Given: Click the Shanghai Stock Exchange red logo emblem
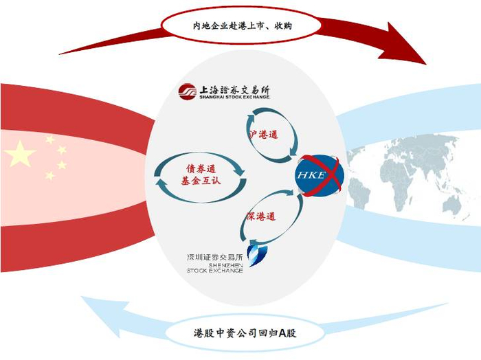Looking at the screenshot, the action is coord(187,91).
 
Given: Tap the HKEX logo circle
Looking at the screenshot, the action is coord(320,175).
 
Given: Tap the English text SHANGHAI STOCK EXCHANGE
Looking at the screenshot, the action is coord(234,98).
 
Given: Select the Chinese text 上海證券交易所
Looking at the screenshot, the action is coord(234,89).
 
